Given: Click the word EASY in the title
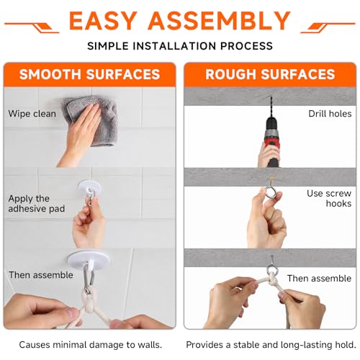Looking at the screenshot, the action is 103,21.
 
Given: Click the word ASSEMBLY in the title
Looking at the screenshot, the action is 220,21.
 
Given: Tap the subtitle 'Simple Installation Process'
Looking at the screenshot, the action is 180,46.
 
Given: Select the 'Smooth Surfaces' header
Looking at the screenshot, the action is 89,74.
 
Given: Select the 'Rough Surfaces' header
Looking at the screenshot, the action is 270,74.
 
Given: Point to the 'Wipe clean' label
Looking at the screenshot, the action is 32,114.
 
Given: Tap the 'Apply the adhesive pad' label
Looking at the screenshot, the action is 37,204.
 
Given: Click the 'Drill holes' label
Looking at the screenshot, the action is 330,114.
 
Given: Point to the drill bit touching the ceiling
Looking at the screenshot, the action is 271,106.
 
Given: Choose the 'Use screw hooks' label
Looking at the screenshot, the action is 329,199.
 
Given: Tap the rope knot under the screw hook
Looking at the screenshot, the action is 273,279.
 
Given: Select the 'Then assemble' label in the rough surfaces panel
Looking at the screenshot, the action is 319,279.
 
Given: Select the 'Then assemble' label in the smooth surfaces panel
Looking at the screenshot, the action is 41,275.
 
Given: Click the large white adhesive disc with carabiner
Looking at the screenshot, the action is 89,259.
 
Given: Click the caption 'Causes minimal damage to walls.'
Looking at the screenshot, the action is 91,345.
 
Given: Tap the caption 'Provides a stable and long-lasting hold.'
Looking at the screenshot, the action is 271,345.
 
